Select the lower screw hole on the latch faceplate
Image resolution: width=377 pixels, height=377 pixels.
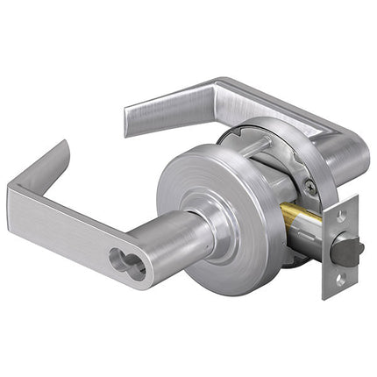click(340, 281)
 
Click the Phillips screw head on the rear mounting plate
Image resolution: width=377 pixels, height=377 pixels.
click(309, 186)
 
